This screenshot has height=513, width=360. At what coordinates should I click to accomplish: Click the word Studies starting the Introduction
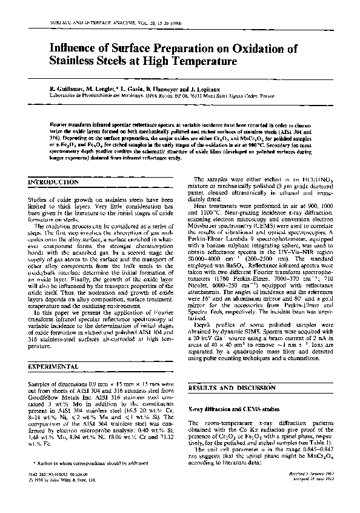(x=40, y=199)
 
